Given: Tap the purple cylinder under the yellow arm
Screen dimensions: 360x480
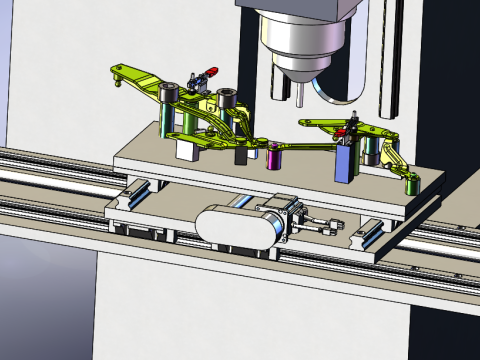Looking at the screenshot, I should (x=275, y=154).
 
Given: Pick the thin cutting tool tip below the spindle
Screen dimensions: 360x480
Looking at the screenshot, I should (x=300, y=93).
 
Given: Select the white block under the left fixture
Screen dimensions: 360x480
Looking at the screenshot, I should (x=187, y=149).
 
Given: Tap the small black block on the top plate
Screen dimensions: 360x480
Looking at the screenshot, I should (x=241, y=156).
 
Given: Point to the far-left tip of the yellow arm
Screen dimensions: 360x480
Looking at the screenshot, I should (x=118, y=73).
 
